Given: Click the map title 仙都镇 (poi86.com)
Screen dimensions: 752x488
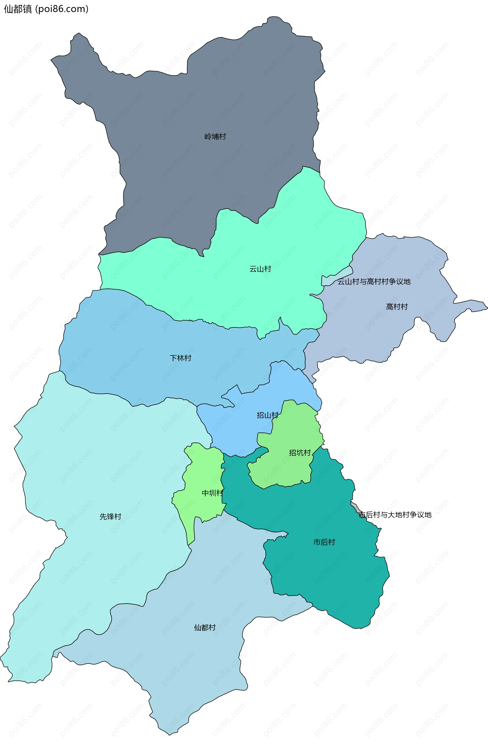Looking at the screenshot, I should pos(46,9).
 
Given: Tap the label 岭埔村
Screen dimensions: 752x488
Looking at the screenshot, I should pos(215,137).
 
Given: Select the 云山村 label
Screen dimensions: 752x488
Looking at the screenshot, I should pos(260,269).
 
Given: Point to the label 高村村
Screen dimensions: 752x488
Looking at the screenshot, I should pos(397,307).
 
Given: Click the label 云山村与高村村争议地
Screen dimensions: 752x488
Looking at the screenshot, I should pos(374,282).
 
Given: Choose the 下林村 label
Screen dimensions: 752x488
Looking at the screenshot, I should pos(180,358).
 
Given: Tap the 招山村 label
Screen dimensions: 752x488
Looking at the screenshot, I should pos(267,415).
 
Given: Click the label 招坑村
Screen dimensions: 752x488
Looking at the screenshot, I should pos(300,453).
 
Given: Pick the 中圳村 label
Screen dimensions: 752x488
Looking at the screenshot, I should pos(212,493).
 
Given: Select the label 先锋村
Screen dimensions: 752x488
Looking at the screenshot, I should pos(111,516).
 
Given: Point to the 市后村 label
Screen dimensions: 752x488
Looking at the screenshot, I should pos(324,542).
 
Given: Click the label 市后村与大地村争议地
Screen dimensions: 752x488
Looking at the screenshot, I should pos(395,514).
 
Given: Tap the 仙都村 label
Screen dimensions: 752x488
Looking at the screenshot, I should pos(205,627).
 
